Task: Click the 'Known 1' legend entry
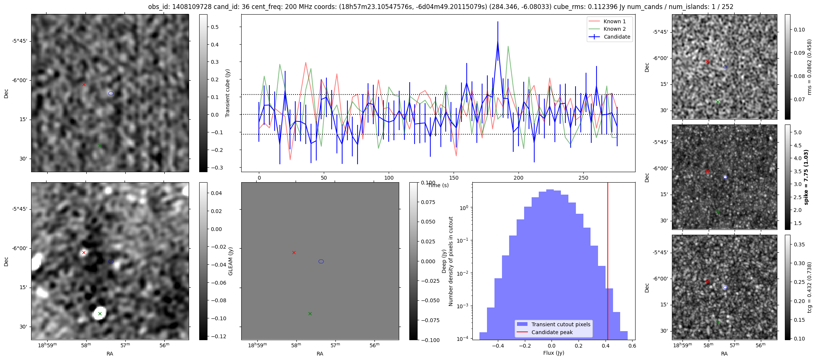pyautogui.click(x=614, y=21)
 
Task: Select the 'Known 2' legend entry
pyautogui.click(x=614, y=29)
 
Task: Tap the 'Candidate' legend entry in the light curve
pyautogui.click(x=617, y=37)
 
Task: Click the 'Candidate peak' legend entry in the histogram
pyautogui.click(x=552, y=332)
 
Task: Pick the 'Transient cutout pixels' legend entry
pyautogui.click(x=561, y=324)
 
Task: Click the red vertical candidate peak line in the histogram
pyautogui.click(x=607, y=262)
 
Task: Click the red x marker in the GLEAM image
pyautogui.click(x=84, y=252)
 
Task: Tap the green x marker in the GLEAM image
pyautogui.click(x=100, y=313)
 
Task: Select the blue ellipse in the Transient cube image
pyautogui.click(x=111, y=93)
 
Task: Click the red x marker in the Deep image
pyautogui.click(x=294, y=252)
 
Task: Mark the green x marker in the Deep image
pyautogui.click(x=310, y=313)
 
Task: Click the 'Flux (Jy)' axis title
pyautogui.click(x=553, y=353)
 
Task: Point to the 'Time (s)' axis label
pyautogui.click(x=438, y=185)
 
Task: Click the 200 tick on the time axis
pyautogui.click(x=518, y=178)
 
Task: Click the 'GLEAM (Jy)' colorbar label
pyautogui.click(x=230, y=261)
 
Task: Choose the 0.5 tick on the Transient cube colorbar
pyautogui.click(x=215, y=27)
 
